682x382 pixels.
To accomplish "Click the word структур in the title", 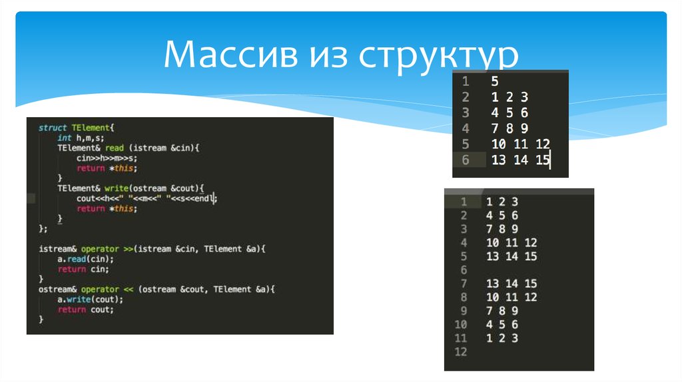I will [x=439, y=57].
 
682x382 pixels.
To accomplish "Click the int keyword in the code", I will [x=64, y=137].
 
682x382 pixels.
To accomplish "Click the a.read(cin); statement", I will [x=85, y=259].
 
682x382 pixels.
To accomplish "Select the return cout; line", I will [x=85, y=309].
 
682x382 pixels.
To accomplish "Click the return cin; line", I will [x=83, y=269].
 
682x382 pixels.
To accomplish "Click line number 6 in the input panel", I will [x=464, y=160].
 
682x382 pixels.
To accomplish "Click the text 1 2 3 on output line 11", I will [x=502, y=338].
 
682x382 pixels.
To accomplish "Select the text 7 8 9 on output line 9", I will [x=502, y=311].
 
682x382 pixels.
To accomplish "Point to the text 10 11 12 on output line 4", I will [x=511, y=243].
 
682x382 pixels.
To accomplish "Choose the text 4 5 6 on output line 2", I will [x=502, y=216].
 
